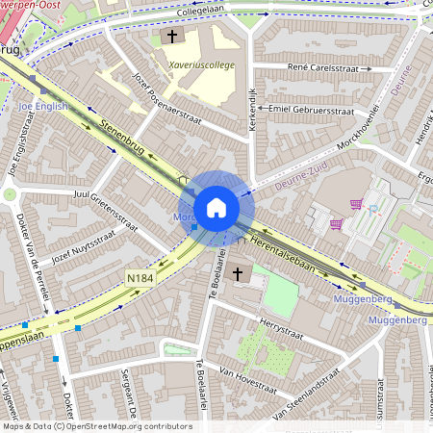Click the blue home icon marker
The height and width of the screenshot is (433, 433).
click(216, 208)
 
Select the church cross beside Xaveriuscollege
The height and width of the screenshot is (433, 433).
click(173, 37)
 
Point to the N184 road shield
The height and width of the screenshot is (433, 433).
click(140, 278)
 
